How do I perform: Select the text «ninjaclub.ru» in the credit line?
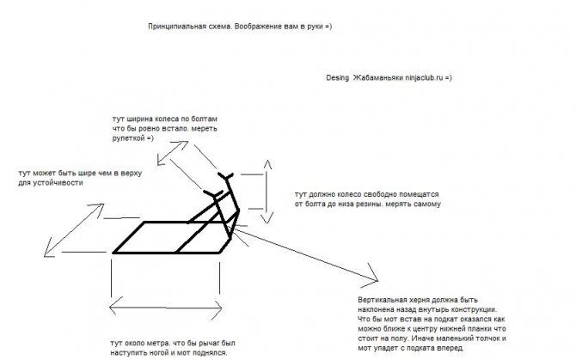pos(424,78)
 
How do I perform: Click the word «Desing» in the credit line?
pos(337,78)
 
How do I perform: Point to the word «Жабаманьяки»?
pos(378,78)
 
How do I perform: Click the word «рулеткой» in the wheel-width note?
pos(128,138)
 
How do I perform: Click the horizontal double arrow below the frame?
pos(166,307)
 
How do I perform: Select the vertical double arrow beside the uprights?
pos(267,192)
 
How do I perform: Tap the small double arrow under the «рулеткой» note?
pos(173,153)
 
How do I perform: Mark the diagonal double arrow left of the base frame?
pos(74,230)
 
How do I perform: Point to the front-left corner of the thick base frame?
pos(113,253)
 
